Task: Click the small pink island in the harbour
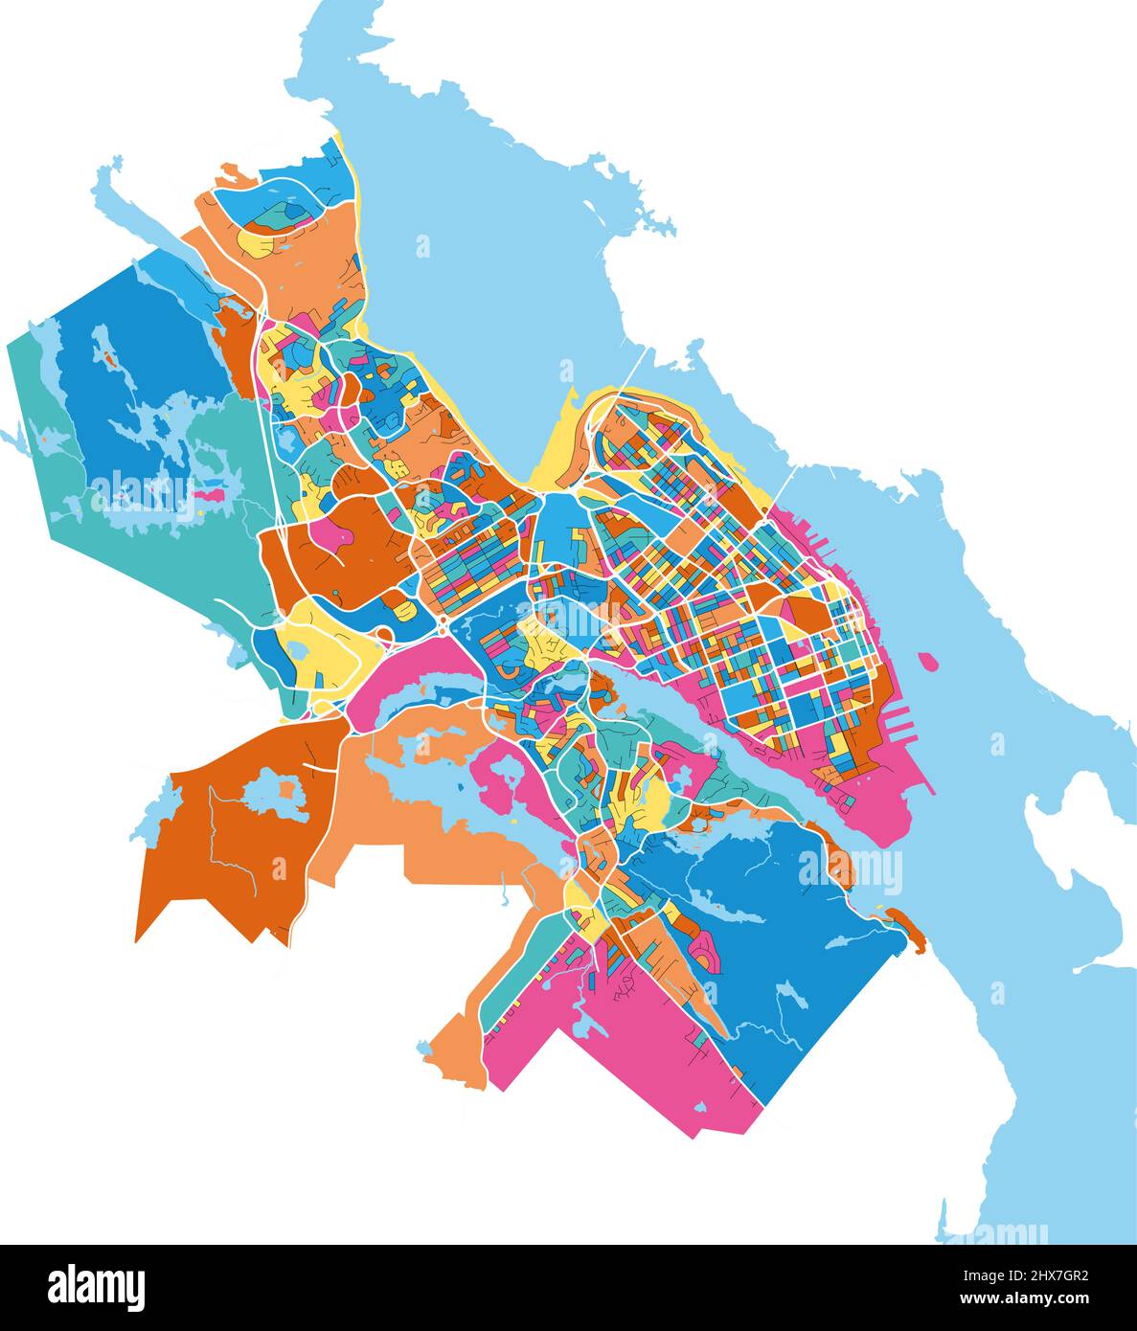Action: click(x=926, y=661)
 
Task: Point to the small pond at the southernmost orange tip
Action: click(x=424, y=1049)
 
